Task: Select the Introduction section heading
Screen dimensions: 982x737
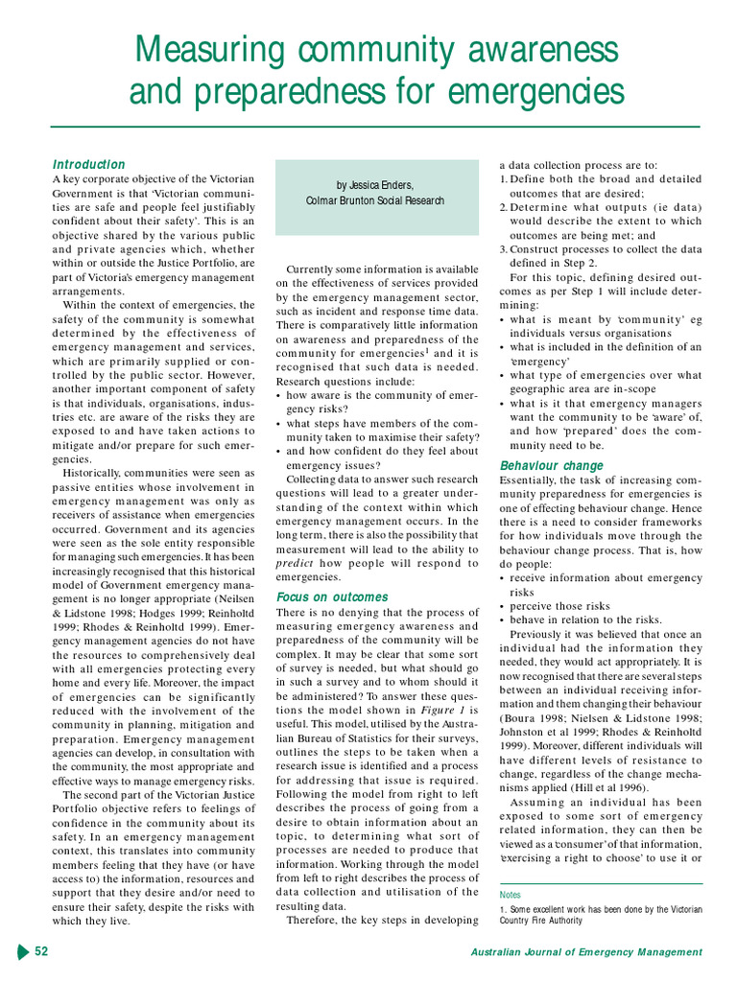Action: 88,164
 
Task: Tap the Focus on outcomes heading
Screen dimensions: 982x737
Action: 332,596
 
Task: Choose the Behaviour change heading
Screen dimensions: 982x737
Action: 552,466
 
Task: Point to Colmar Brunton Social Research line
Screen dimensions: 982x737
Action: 375,201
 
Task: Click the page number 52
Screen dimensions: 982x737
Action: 42,951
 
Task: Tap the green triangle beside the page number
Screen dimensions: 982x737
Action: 23,951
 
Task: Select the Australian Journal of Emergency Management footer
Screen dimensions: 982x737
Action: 586,952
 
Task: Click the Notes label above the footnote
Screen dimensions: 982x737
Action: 511,894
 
